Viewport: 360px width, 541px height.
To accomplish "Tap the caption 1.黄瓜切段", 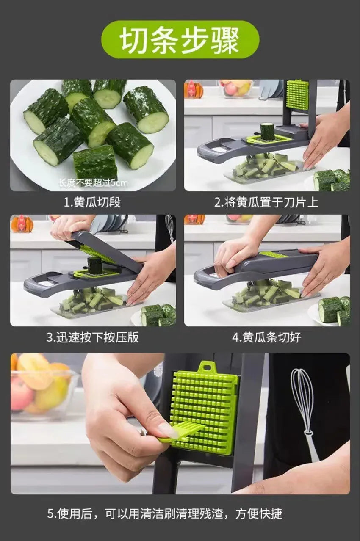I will click(x=92, y=202).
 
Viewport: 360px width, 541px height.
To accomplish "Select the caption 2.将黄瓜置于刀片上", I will click(x=266, y=202).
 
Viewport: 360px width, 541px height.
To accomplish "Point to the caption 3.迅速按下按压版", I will click(x=92, y=338).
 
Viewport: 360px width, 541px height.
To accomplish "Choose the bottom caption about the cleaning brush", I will click(x=164, y=514).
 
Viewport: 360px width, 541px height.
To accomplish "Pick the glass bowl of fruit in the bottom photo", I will click(x=40, y=389).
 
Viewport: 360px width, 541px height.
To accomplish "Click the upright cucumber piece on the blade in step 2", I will click(x=267, y=131).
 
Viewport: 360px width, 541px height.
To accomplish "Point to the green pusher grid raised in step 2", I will click(x=297, y=94).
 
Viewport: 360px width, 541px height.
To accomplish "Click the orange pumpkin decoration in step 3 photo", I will click(x=22, y=224).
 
